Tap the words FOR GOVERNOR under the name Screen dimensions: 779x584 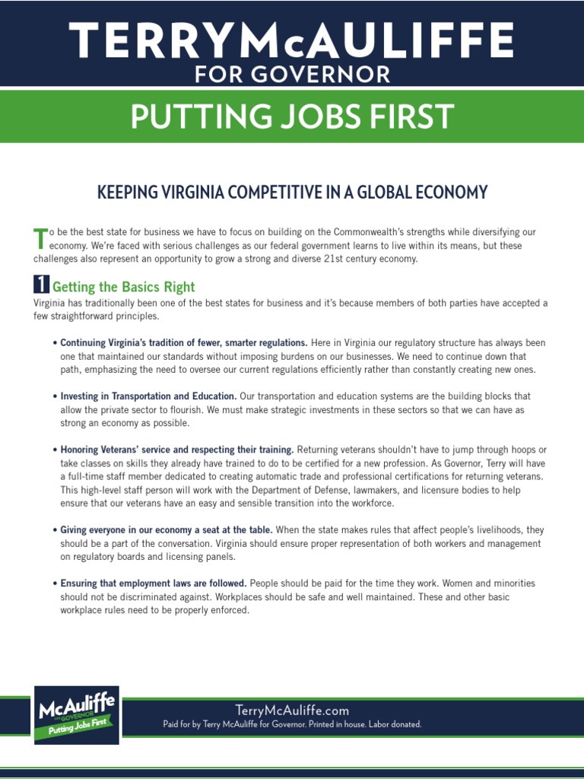click(292, 75)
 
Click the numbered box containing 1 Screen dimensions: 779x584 click(41, 285)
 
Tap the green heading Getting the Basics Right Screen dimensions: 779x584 click(123, 287)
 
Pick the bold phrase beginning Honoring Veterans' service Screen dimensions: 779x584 click(177, 450)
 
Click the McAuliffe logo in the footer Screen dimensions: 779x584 click(75, 714)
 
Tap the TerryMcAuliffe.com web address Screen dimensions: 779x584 click(292, 711)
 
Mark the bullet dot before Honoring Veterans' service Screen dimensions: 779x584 click(55, 450)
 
